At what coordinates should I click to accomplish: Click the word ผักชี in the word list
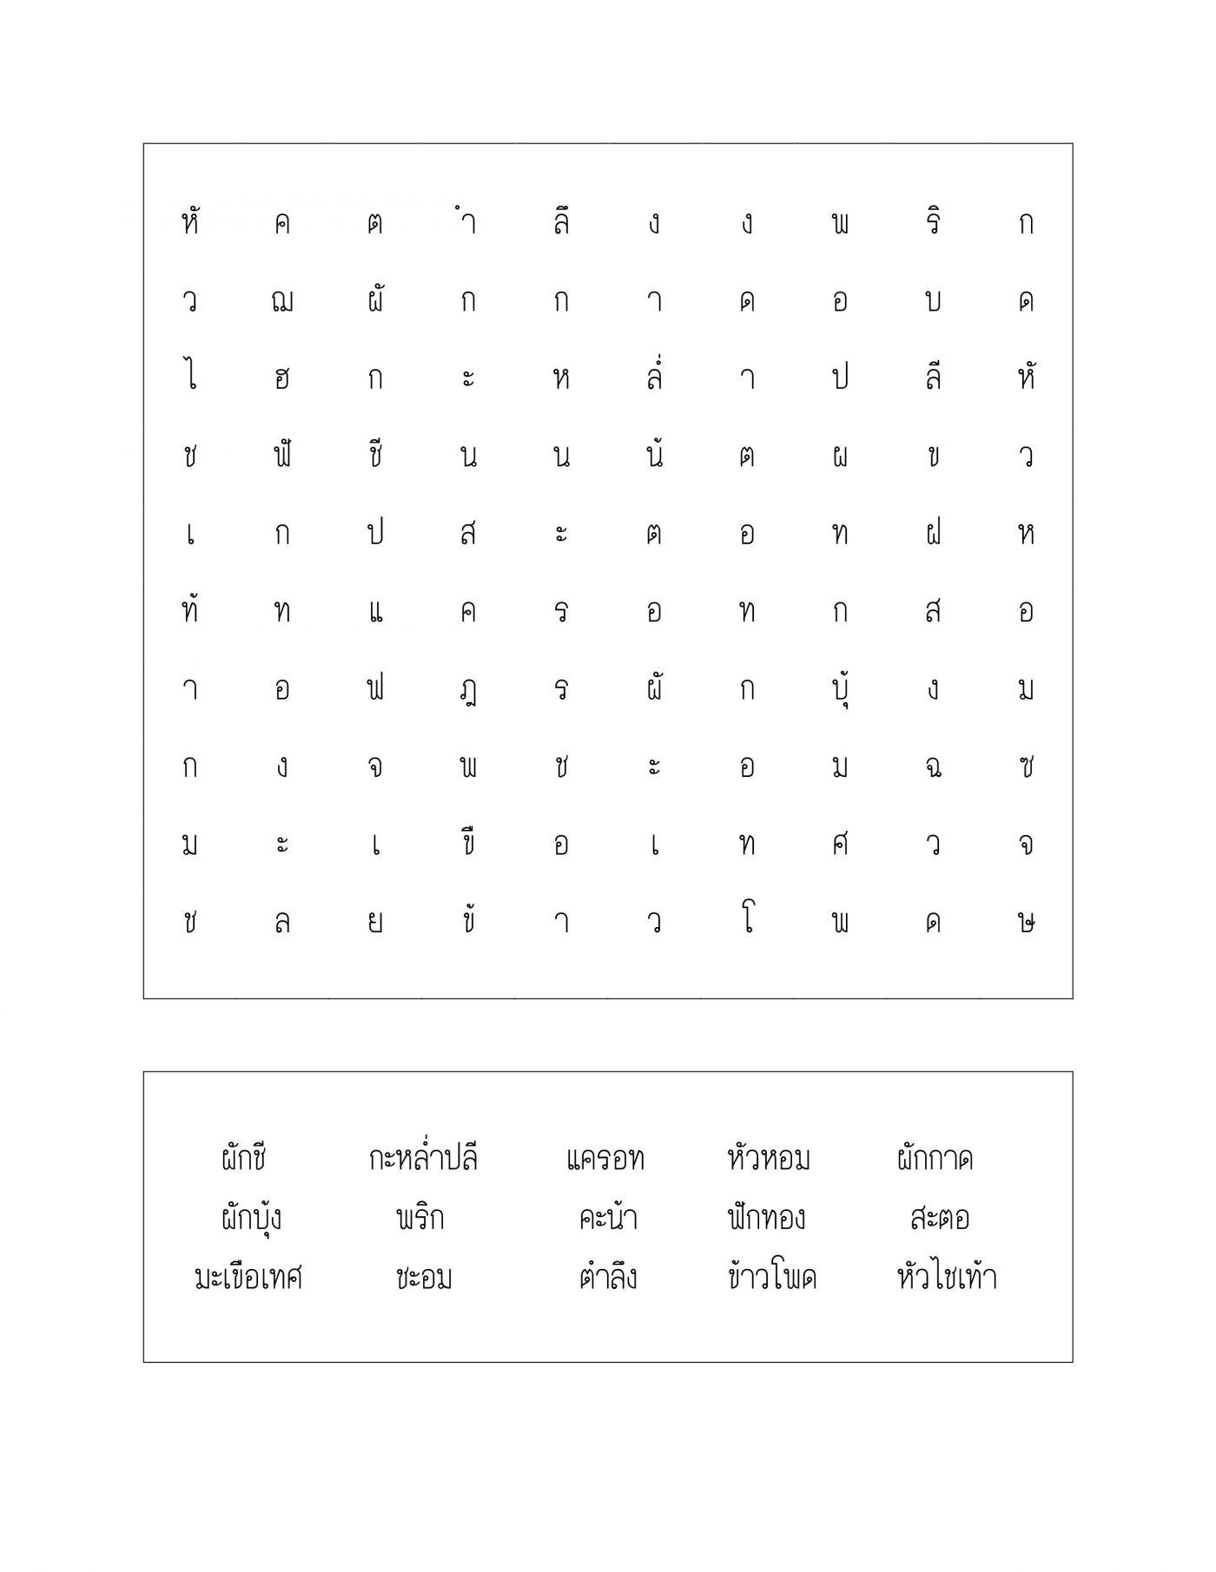pos(243,1159)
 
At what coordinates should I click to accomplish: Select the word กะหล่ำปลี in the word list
pos(423,1159)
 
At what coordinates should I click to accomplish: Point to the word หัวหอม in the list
pos(769,1159)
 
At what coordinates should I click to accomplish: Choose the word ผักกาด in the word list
pos(935,1159)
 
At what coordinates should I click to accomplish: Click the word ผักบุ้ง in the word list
pos(251,1219)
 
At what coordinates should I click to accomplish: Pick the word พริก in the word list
pos(420,1218)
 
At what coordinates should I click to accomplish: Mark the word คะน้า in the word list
pos(608,1218)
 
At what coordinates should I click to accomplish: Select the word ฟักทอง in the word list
pos(766,1218)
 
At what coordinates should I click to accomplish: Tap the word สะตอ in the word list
pos(940,1219)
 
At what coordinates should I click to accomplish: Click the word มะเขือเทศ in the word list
pos(248,1278)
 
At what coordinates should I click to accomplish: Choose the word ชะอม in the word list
pos(423,1278)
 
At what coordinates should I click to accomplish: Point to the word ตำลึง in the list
pos(608,1278)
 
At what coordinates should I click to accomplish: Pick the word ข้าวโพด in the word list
pos(772,1277)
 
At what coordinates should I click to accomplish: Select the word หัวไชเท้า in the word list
pos(947,1277)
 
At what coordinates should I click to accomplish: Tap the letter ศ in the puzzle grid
pos(840,844)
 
